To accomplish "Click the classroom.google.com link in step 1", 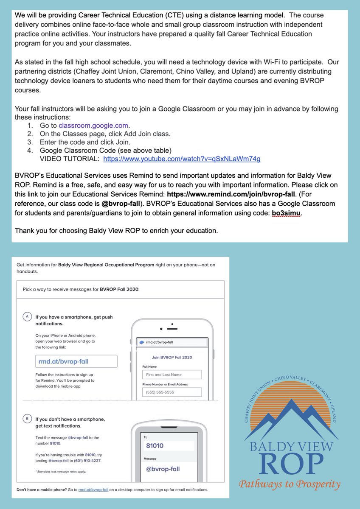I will tap(94, 126).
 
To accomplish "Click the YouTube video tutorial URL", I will tap(182, 159).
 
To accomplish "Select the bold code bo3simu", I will tap(286, 214).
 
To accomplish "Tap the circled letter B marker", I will tap(28, 419).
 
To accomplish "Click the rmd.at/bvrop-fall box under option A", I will tap(76, 361).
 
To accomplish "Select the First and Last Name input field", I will tap(172, 375).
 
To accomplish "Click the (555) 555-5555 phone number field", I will tap(172, 392).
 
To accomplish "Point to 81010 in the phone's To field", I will tap(155, 446).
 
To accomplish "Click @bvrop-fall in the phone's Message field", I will tap(163, 469).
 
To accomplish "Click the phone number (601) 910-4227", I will tap(87, 461).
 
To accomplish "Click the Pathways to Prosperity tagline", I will tap(290, 484).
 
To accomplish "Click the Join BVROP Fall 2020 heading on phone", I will tap(172, 357).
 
